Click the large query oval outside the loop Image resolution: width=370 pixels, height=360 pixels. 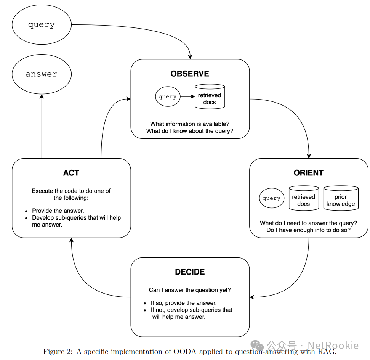(x=42, y=25)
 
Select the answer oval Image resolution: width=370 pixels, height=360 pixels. (x=42, y=74)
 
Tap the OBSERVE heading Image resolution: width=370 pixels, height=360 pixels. (x=190, y=74)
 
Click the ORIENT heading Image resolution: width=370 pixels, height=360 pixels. (x=308, y=173)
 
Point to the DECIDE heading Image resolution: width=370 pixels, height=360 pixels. (x=190, y=272)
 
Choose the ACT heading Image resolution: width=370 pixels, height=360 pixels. (x=71, y=173)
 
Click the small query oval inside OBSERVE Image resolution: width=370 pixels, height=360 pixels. (x=168, y=96)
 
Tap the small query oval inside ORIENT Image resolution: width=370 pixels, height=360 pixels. (x=271, y=198)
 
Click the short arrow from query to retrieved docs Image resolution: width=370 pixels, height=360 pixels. (x=187, y=96)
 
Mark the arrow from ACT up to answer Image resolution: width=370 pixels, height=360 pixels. (x=42, y=126)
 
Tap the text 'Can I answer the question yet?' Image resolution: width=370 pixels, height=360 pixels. (x=190, y=290)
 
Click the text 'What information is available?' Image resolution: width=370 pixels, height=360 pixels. (x=190, y=124)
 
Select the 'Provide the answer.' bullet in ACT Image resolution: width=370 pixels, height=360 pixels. (x=58, y=211)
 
